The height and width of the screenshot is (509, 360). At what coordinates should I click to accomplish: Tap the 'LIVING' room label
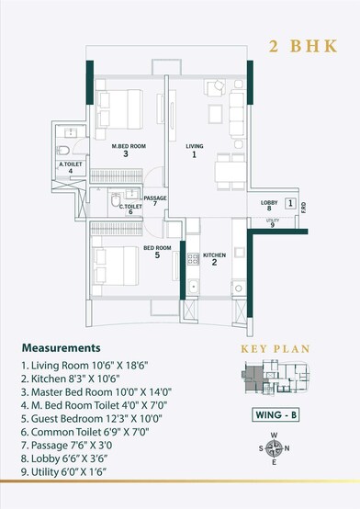[194, 145]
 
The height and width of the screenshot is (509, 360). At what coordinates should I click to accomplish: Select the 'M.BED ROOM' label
[129, 145]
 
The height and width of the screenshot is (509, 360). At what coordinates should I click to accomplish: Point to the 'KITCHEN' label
[214, 254]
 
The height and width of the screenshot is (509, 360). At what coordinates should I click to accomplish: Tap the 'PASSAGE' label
[156, 198]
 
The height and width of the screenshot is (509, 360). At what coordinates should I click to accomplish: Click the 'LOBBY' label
[269, 202]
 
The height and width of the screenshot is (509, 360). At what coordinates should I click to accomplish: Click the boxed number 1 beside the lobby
[289, 203]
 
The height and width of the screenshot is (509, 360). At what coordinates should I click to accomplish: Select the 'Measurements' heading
[61, 349]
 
